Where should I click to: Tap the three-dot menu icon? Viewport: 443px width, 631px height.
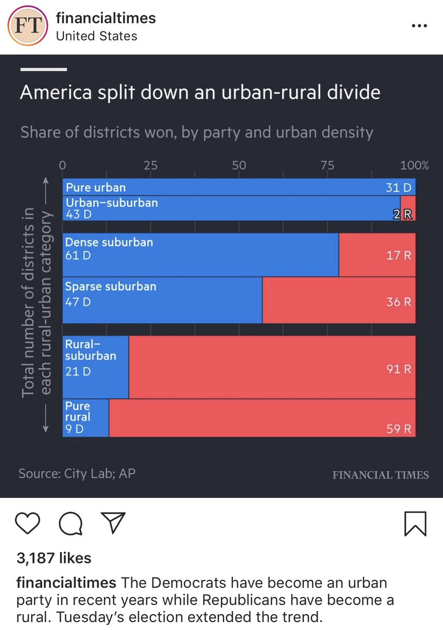tap(419, 26)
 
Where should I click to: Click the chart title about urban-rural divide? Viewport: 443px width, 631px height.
tap(200, 93)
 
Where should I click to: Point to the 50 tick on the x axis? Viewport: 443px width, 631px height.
tap(239, 165)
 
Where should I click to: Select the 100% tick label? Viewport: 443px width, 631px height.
tap(414, 165)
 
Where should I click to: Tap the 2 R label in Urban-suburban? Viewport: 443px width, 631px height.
tap(403, 214)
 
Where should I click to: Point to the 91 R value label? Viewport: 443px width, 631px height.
tap(399, 369)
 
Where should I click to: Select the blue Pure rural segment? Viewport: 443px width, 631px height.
tap(86, 418)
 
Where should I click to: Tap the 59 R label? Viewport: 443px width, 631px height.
tap(399, 429)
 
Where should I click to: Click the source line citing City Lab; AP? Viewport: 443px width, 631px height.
tap(77, 473)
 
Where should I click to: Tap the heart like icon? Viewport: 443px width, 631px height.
tap(28, 523)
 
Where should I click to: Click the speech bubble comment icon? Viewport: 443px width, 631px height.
tap(70, 523)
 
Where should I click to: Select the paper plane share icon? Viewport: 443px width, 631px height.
tap(112, 523)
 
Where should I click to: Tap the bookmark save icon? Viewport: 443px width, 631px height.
tap(416, 523)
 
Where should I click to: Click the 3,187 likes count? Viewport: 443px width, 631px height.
tap(54, 558)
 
